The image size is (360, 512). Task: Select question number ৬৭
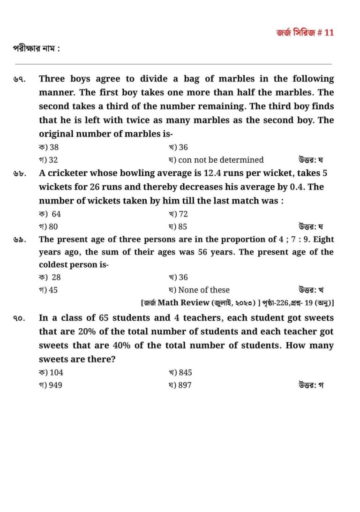[19, 80]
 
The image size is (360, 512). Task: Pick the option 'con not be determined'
[216, 160]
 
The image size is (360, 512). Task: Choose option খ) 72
[178, 214]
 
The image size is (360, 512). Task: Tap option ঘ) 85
[178, 227]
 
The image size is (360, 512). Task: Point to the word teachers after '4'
[202, 318]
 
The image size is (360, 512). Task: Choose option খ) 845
[180, 373]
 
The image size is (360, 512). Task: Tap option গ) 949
[51, 385]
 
